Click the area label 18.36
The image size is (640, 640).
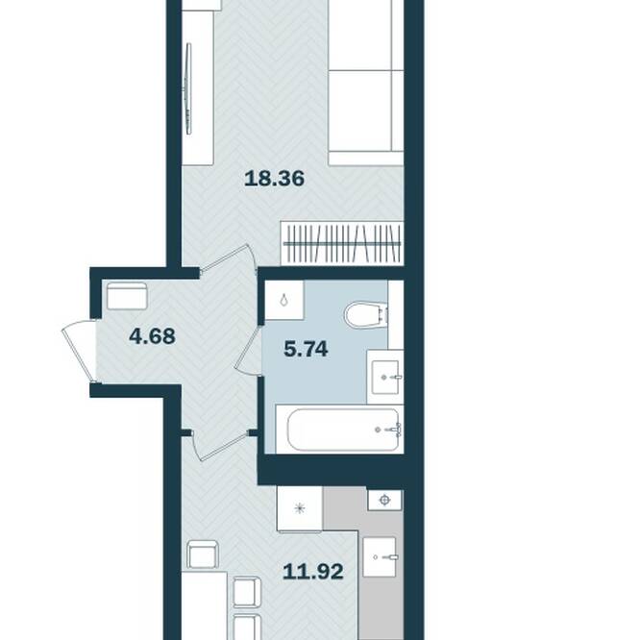pyautogui.click(x=274, y=179)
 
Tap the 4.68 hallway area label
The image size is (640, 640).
pyautogui.click(x=152, y=336)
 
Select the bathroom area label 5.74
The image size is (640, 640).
pyautogui.click(x=307, y=350)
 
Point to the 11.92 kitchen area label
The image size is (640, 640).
pyautogui.click(x=313, y=572)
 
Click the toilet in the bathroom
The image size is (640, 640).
pyautogui.click(x=366, y=314)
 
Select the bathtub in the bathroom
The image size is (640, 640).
pyautogui.click(x=343, y=430)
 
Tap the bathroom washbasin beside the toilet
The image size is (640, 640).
pyautogui.click(x=385, y=377)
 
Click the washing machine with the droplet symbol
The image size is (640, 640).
pyautogui.click(x=283, y=300)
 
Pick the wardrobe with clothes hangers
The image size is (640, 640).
pyautogui.click(x=342, y=243)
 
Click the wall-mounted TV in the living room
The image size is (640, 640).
pyautogui.click(x=188, y=88)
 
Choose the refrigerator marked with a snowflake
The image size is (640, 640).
pyautogui.click(x=300, y=508)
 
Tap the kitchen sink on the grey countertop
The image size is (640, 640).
pyautogui.click(x=380, y=556)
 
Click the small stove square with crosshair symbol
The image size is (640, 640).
pyautogui.click(x=384, y=500)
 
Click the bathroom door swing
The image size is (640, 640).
pyautogui.click(x=248, y=350)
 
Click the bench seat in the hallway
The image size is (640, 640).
pyautogui.click(x=127, y=296)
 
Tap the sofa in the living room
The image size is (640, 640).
pyautogui.click(x=366, y=83)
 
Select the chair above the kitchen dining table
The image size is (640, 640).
pyautogui.click(x=203, y=554)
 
